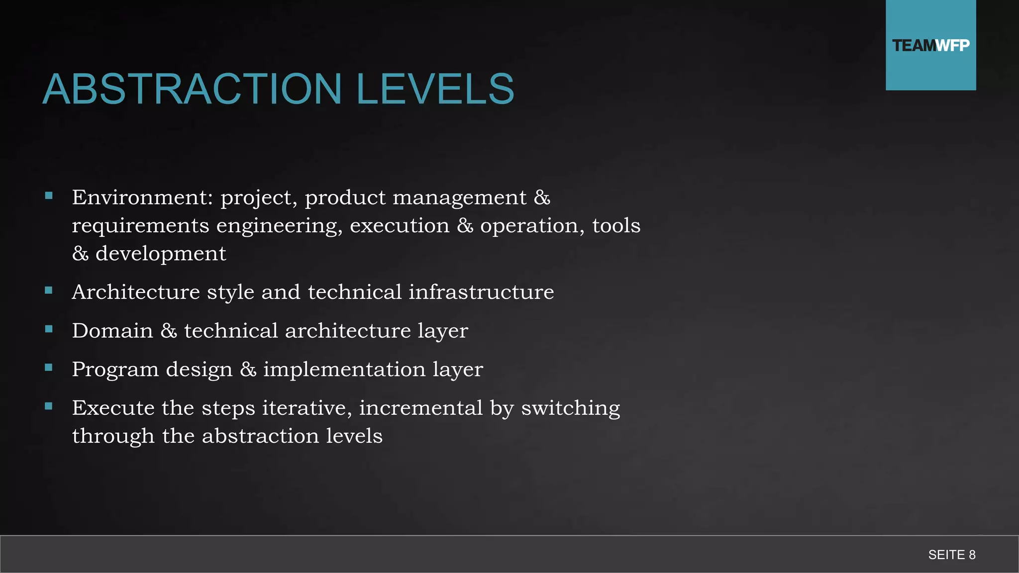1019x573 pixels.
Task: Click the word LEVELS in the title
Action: click(x=435, y=89)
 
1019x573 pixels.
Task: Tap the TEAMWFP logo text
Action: click(x=930, y=46)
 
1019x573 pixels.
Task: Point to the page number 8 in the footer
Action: click(x=972, y=555)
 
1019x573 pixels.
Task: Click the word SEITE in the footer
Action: click(x=946, y=555)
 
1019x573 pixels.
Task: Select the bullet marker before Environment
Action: click(x=49, y=196)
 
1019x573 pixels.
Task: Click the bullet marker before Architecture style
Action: click(x=49, y=290)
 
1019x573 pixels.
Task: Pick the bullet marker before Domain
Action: click(x=49, y=329)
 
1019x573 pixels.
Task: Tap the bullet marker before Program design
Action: click(x=49, y=368)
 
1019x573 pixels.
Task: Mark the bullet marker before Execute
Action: click(x=49, y=406)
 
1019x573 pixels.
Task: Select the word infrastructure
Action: click(x=481, y=292)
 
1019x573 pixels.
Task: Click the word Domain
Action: click(x=112, y=331)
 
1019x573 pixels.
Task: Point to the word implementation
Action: click(x=344, y=370)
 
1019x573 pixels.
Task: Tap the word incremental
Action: click(x=421, y=408)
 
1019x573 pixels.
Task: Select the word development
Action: click(x=161, y=254)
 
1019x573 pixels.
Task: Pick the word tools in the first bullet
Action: click(x=616, y=225)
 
